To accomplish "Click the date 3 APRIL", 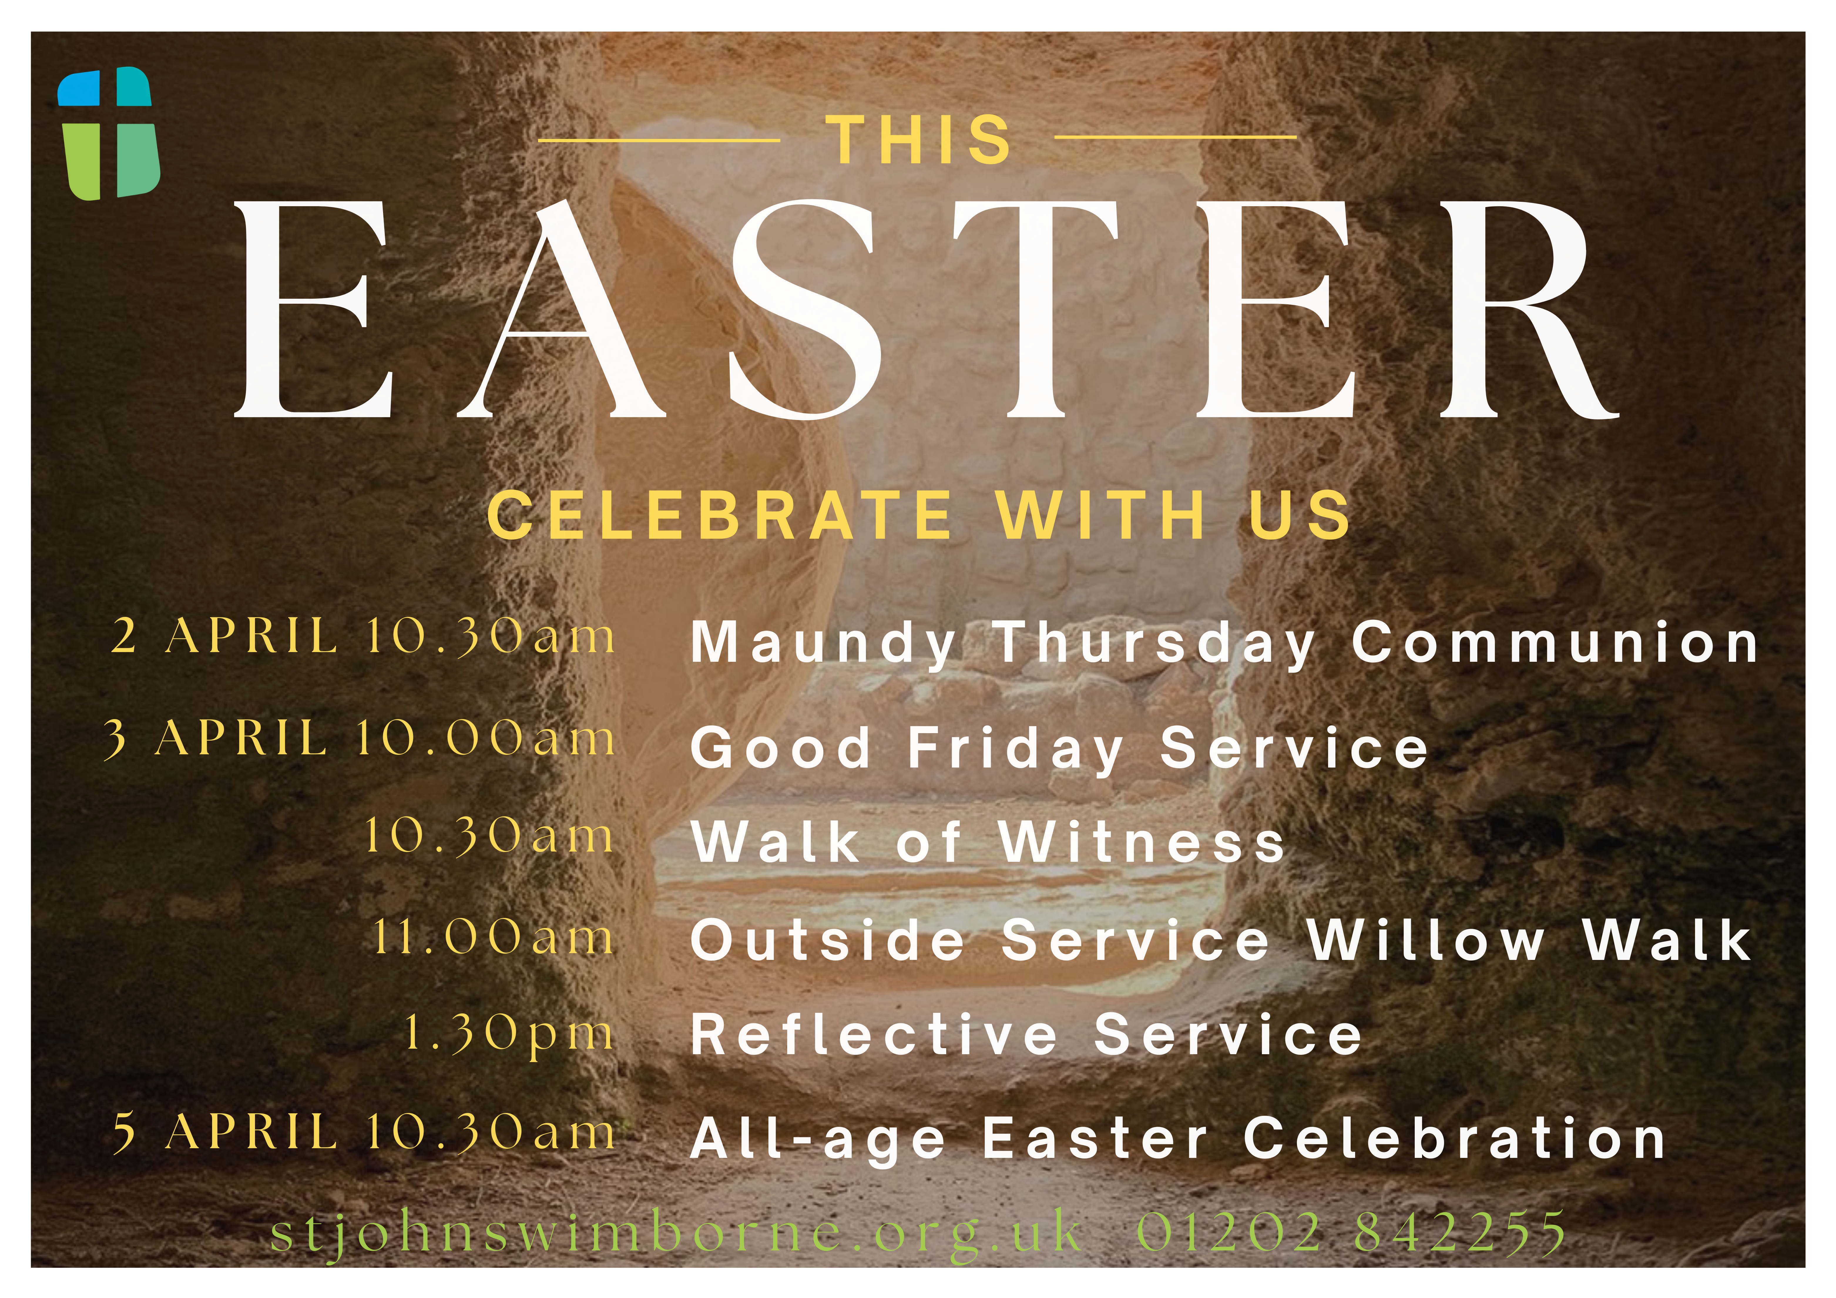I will [x=216, y=737].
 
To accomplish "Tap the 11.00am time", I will [x=494, y=937].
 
